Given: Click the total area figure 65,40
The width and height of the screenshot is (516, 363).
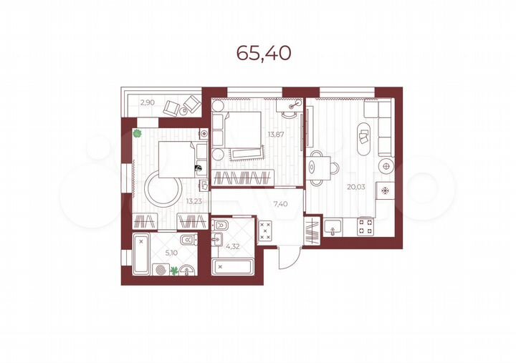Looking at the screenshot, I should (264, 53).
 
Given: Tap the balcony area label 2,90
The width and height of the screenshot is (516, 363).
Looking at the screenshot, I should (147, 102).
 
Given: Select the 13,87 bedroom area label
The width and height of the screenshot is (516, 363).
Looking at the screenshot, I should (275, 134).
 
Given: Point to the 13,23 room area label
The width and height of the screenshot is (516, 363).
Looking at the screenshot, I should (193, 201).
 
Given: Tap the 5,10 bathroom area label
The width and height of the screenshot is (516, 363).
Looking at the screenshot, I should (171, 252).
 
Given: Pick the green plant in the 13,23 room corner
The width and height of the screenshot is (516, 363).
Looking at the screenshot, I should (138, 132).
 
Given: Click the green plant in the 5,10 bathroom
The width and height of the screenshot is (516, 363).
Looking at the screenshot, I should (174, 271).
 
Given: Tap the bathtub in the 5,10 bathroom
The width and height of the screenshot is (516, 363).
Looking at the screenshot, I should (141, 254).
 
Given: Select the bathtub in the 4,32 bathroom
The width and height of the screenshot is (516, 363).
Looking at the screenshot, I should (233, 267).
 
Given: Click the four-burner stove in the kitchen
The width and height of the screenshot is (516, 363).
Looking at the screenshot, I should (365, 228).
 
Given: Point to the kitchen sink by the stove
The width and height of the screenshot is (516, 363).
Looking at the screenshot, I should (333, 228).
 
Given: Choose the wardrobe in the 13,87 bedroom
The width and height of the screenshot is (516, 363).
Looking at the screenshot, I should (243, 176).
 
